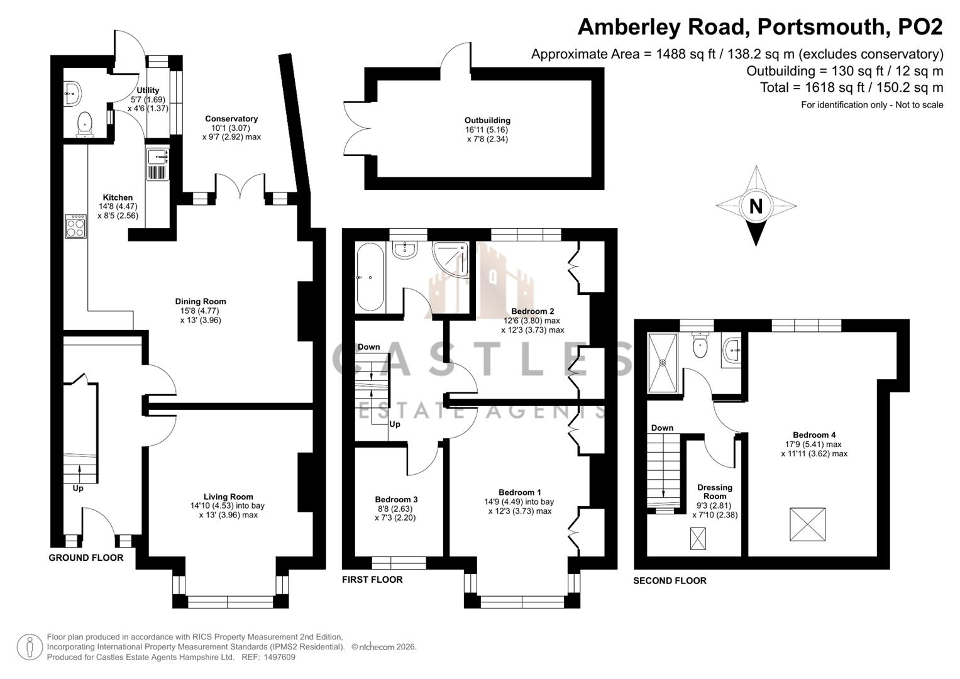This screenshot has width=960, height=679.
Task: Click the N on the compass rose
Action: (756, 206)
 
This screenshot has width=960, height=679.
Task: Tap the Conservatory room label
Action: (231, 119)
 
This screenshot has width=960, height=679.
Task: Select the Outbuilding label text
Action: (487, 121)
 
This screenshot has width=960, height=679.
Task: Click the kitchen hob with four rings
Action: (75, 226)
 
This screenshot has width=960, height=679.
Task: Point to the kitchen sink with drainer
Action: (158, 164)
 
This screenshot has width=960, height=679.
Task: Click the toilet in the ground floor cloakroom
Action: (85, 124)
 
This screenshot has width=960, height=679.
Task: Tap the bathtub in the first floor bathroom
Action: (371, 277)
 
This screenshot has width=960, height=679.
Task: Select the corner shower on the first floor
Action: (450, 258)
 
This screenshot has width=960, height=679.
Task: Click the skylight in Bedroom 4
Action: (807, 524)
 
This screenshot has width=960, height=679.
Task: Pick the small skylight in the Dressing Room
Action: (698, 538)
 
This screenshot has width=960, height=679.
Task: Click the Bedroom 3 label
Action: (396, 499)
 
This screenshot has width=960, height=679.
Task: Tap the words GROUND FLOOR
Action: (86, 558)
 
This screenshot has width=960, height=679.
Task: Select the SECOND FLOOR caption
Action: (670, 581)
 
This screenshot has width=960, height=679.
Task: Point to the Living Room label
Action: (228, 497)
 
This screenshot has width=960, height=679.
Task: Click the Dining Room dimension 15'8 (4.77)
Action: (201, 311)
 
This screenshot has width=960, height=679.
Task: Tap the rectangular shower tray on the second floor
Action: (663, 363)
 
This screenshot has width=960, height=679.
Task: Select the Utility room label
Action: (148, 90)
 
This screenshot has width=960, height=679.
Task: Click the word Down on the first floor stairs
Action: (369, 347)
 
